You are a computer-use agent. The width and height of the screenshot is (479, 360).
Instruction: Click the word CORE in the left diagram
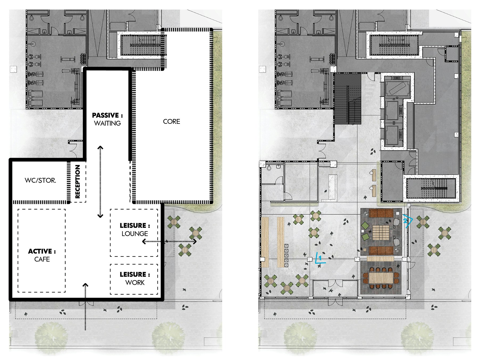(x=171, y=121)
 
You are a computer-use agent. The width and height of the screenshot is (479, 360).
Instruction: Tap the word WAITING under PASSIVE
(x=107, y=123)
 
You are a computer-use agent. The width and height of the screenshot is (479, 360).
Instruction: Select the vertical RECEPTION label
(x=77, y=181)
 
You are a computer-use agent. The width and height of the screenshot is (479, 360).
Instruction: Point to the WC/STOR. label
(x=40, y=180)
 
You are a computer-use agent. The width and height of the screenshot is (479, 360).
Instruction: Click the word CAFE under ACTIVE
(x=42, y=259)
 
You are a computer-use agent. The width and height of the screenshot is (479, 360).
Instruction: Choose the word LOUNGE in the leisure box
(x=135, y=234)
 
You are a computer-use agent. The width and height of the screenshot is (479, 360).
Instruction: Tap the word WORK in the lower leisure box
(x=135, y=283)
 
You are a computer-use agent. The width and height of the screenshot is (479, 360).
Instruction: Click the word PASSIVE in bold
(x=105, y=115)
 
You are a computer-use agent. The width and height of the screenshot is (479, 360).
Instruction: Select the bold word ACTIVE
(x=40, y=251)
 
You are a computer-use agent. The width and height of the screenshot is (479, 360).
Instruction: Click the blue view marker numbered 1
(x=319, y=258)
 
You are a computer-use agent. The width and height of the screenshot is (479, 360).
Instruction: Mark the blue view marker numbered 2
(x=407, y=221)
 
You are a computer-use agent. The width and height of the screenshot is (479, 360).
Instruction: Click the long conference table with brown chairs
(x=381, y=278)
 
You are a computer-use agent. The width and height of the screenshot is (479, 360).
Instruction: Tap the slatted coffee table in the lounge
(x=381, y=232)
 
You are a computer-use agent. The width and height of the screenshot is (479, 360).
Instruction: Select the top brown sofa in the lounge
(x=381, y=213)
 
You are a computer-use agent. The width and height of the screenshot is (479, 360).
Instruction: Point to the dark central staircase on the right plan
(x=348, y=99)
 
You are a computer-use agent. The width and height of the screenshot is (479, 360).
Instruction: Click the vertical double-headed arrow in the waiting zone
(x=100, y=182)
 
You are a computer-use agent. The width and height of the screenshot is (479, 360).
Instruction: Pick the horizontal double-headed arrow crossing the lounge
(x=169, y=242)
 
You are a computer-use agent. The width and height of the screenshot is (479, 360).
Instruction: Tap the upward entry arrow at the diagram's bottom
(x=85, y=307)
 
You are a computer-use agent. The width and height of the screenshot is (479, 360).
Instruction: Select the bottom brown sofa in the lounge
(x=381, y=251)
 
